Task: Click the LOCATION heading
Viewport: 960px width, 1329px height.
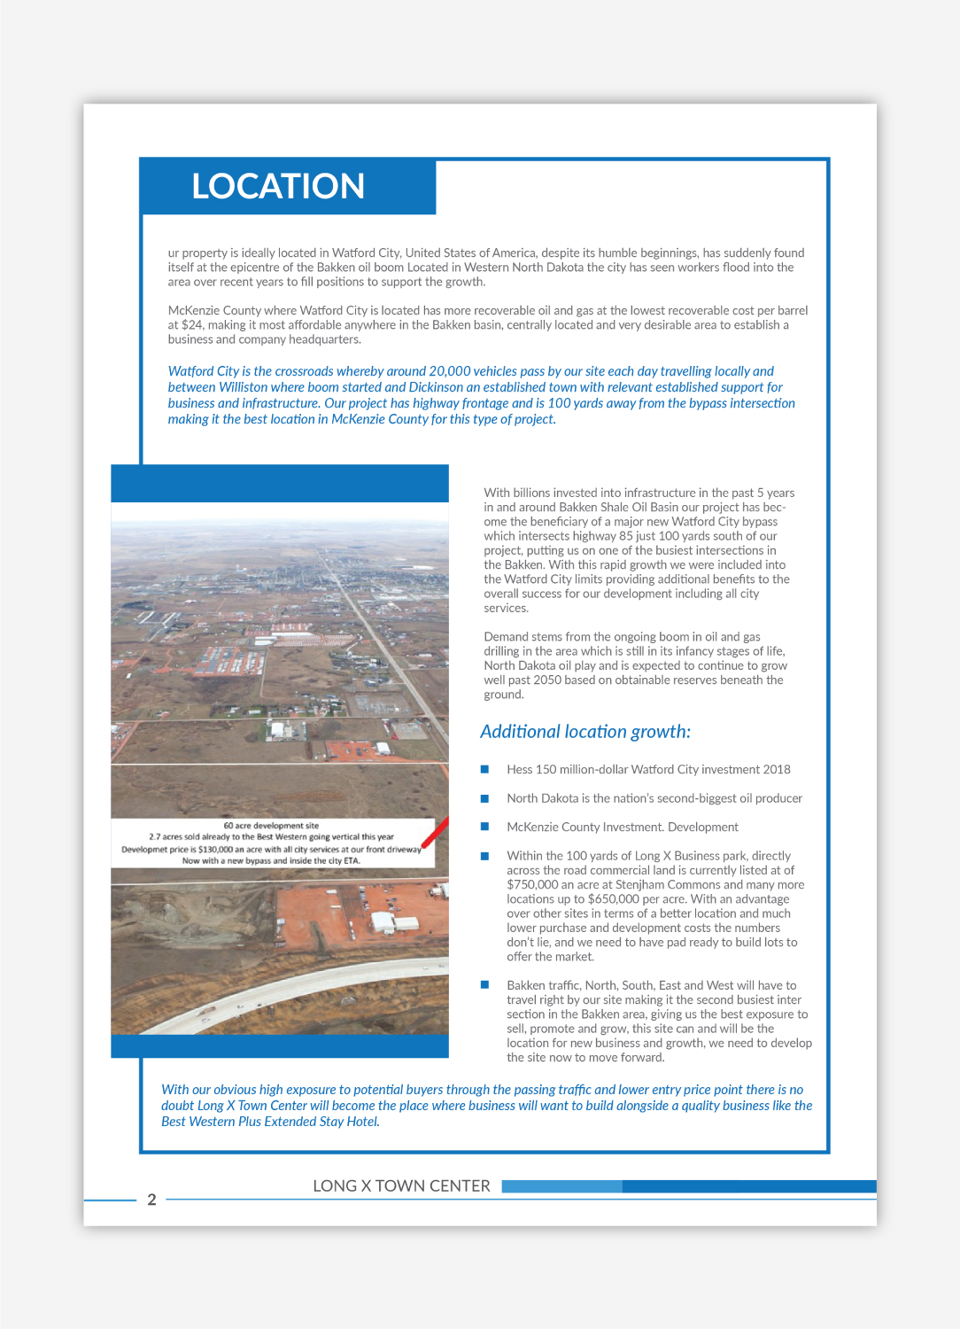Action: [x=278, y=186]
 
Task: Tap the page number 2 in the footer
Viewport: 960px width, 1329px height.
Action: [x=151, y=1200]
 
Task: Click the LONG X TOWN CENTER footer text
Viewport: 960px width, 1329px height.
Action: [x=401, y=1185]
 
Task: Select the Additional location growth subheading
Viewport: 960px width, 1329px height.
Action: [x=585, y=732]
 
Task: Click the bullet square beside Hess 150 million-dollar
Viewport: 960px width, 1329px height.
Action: [x=484, y=769]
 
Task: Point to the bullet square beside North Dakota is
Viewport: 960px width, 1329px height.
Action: [x=484, y=798]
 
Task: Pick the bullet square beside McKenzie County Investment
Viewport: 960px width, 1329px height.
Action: [x=484, y=827]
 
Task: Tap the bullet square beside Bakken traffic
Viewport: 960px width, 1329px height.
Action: [x=484, y=984]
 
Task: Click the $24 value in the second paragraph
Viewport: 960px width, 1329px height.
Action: [x=192, y=325]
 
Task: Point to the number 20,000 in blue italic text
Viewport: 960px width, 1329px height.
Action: [x=449, y=371]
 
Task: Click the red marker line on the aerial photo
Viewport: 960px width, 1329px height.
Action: [x=434, y=834]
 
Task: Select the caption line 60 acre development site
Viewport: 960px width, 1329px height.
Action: [x=271, y=825]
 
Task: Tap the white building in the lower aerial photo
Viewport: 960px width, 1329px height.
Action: [x=383, y=921]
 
